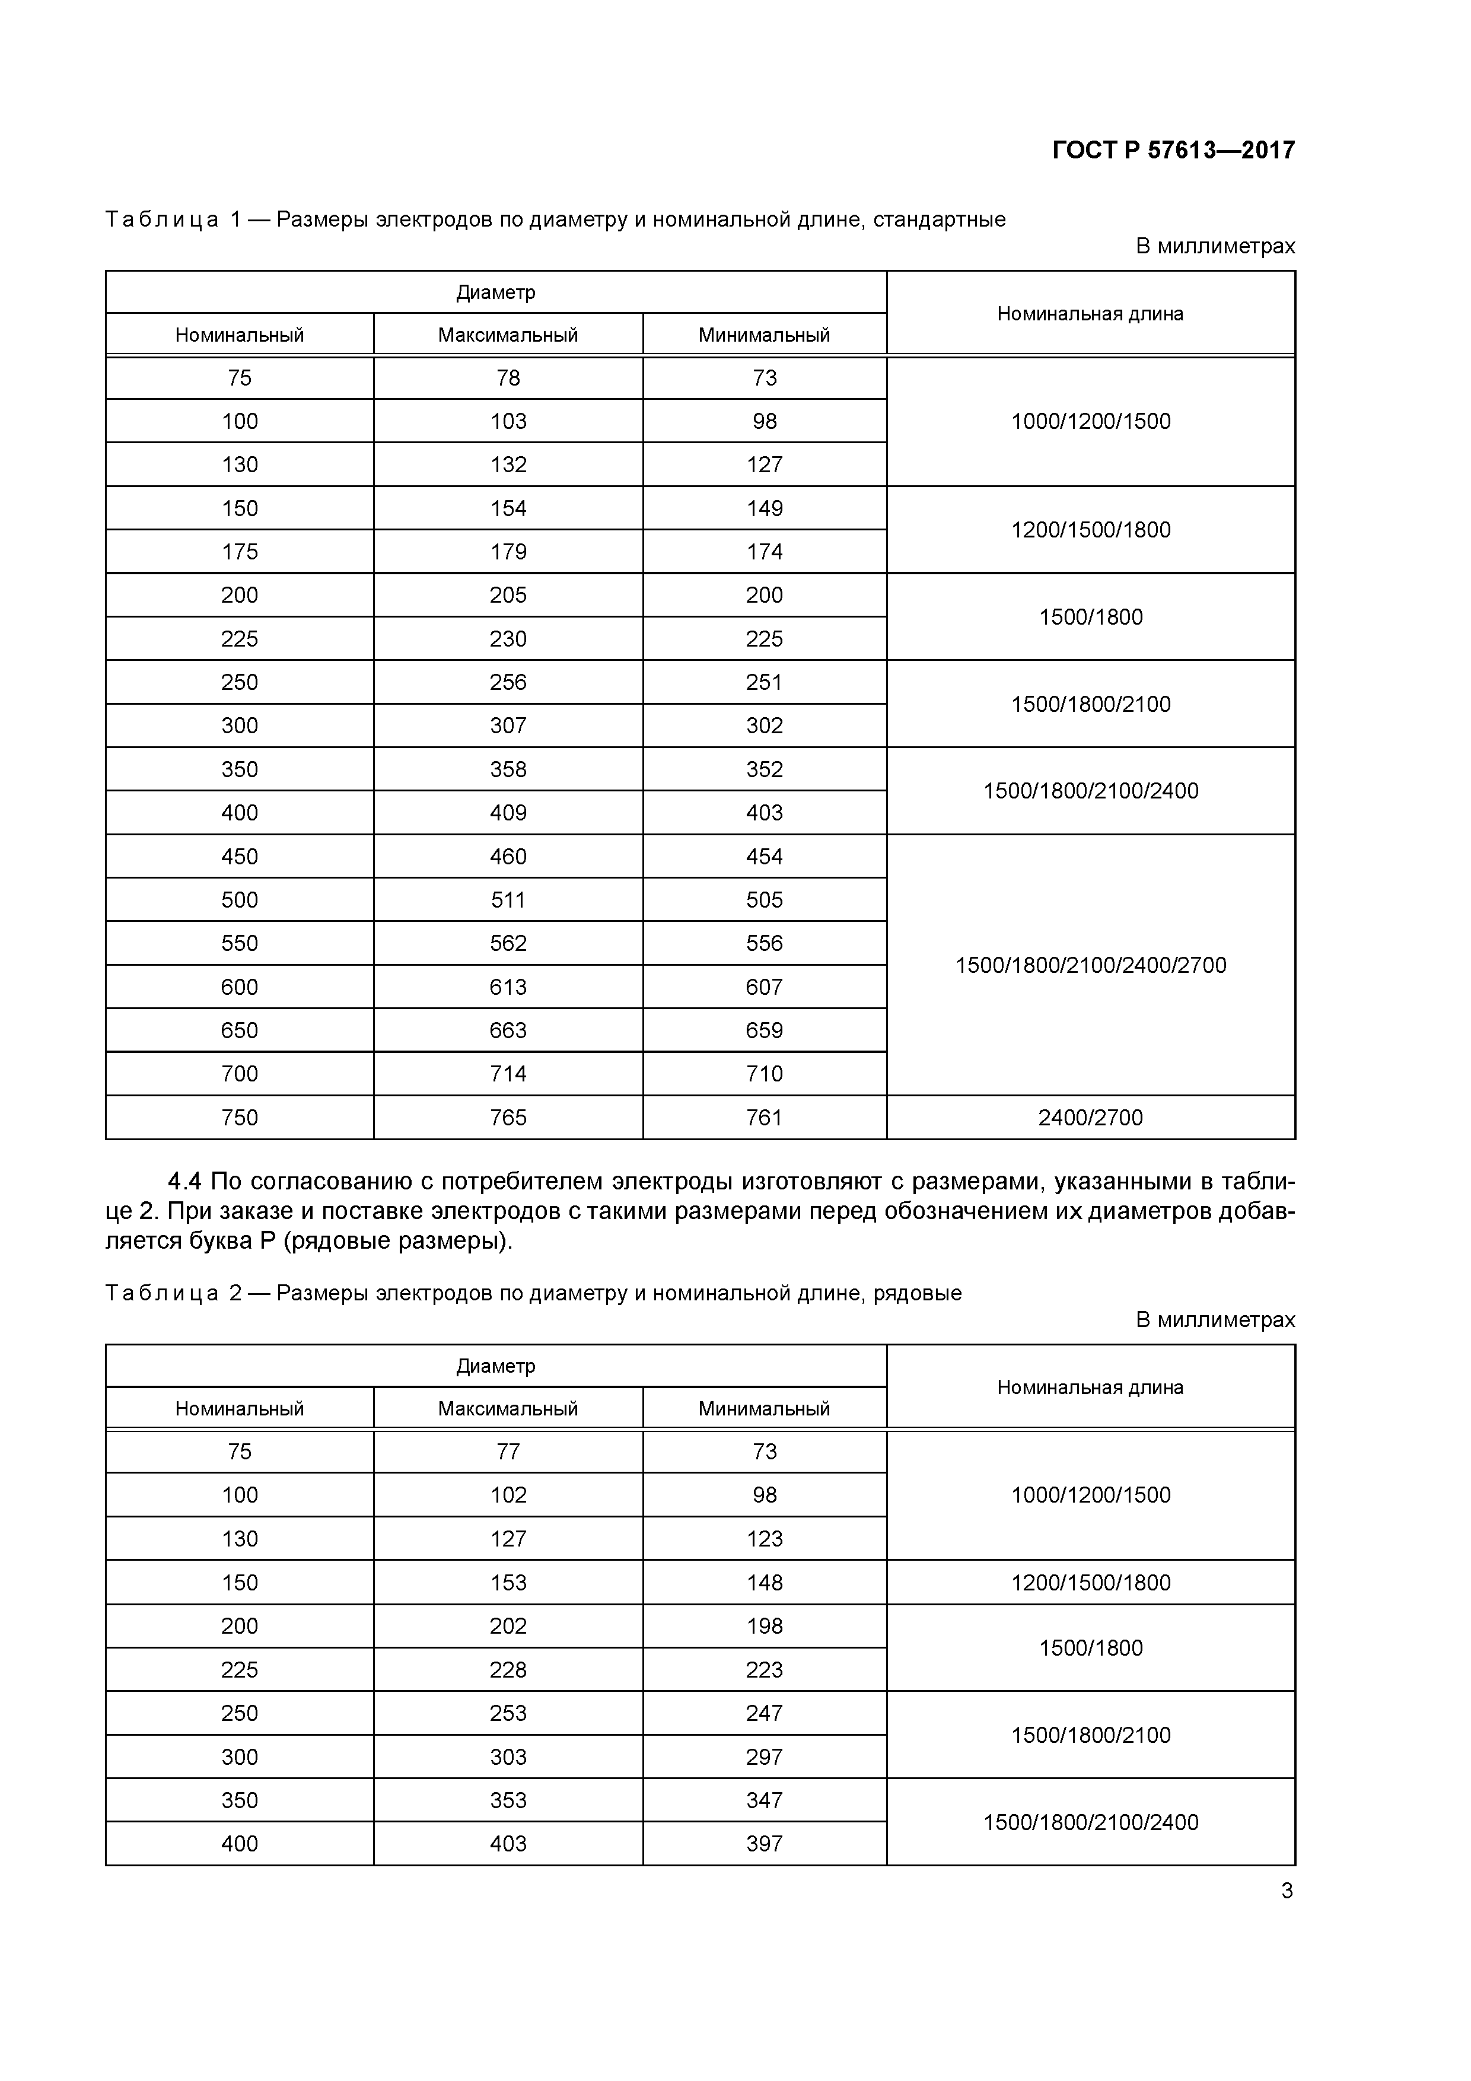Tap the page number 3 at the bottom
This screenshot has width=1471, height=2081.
(x=1286, y=1891)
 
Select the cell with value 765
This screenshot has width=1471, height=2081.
(x=508, y=1118)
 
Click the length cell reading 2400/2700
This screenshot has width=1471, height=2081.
(x=1090, y=1118)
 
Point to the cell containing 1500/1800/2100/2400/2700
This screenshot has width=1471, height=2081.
(x=1090, y=965)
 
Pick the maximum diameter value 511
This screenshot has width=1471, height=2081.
(x=508, y=900)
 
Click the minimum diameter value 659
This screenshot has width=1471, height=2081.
(x=764, y=1030)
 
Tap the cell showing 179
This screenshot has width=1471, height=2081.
(x=508, y=552)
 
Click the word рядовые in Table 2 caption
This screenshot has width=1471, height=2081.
(x=917, y=1293)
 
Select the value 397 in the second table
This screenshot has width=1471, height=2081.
(x=764, y=1844)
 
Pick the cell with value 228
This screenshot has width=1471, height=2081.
(x=508, y=1669)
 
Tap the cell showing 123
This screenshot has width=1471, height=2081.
(x=764, y=1539)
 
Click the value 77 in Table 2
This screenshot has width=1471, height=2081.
(x=508, y=1452)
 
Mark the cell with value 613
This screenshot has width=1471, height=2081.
(x=508, y=987)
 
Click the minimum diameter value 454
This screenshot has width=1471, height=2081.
(x=764, y=857)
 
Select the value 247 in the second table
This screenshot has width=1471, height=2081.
(x=764, y=1713)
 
